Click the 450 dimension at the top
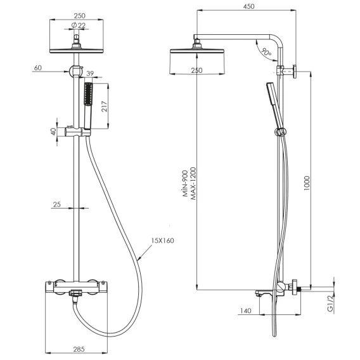(x=249, y=6)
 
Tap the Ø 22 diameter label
(x=79, y=25)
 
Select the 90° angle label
(x=266, y=52)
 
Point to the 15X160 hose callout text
(x=162, y=241)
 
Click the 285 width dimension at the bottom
(x=79, y=349)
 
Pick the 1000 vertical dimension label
(x=307, y=183)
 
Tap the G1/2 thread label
(x=330, y=304)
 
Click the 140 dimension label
(x=246, y=311)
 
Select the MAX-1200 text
(x=193, y=184)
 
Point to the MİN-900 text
(x=186, y=184)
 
